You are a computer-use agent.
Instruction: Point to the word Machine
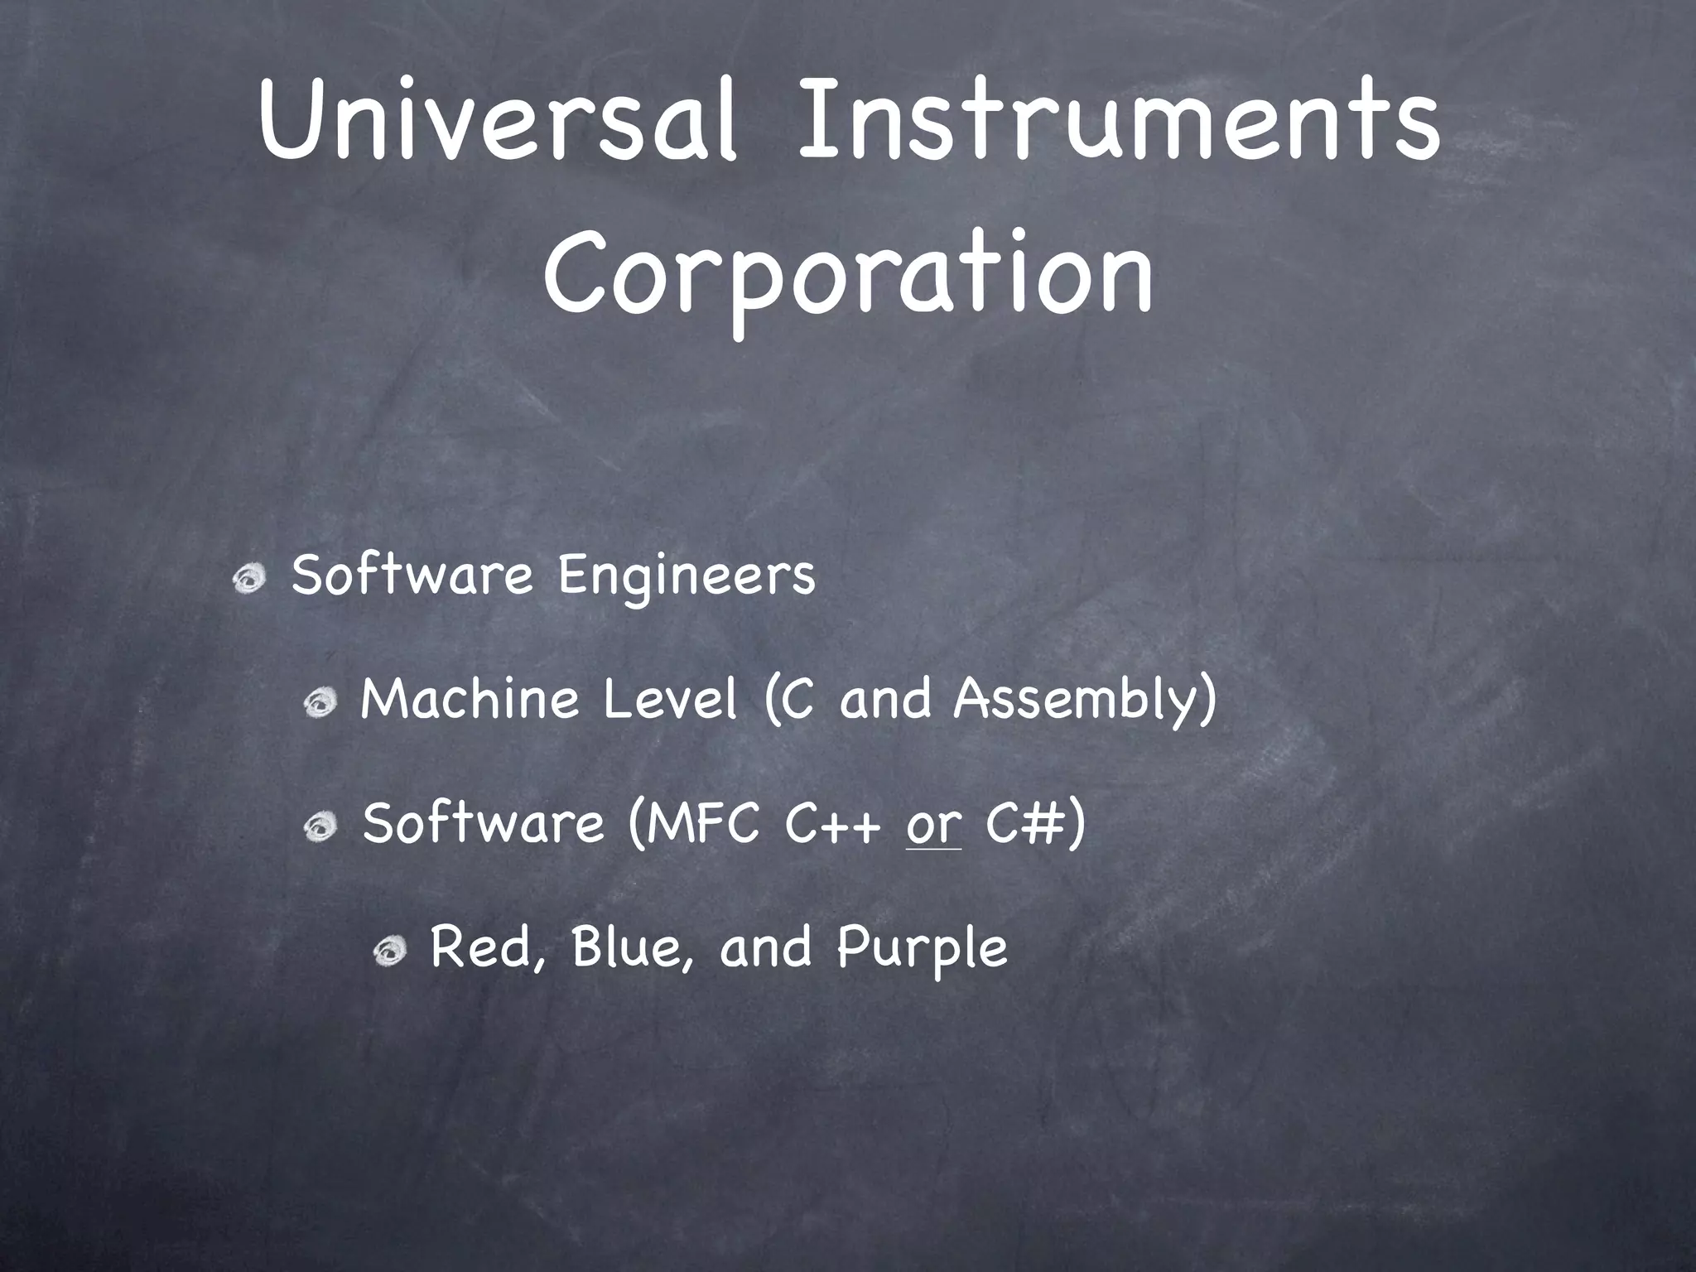point(469,700)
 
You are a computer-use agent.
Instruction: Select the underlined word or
point(933,826)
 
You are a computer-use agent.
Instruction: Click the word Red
point(487,947)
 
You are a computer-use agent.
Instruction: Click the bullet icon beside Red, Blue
point(388,952)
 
